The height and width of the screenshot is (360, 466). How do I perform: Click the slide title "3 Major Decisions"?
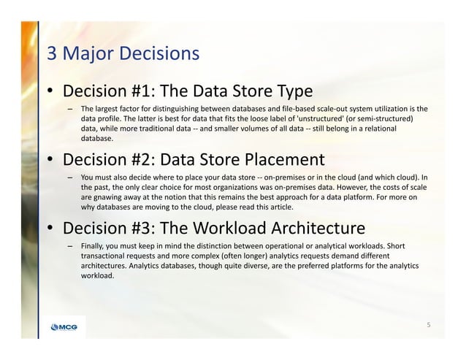tap(123, 53)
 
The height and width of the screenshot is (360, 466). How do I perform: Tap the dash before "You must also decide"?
tap(71, 177)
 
